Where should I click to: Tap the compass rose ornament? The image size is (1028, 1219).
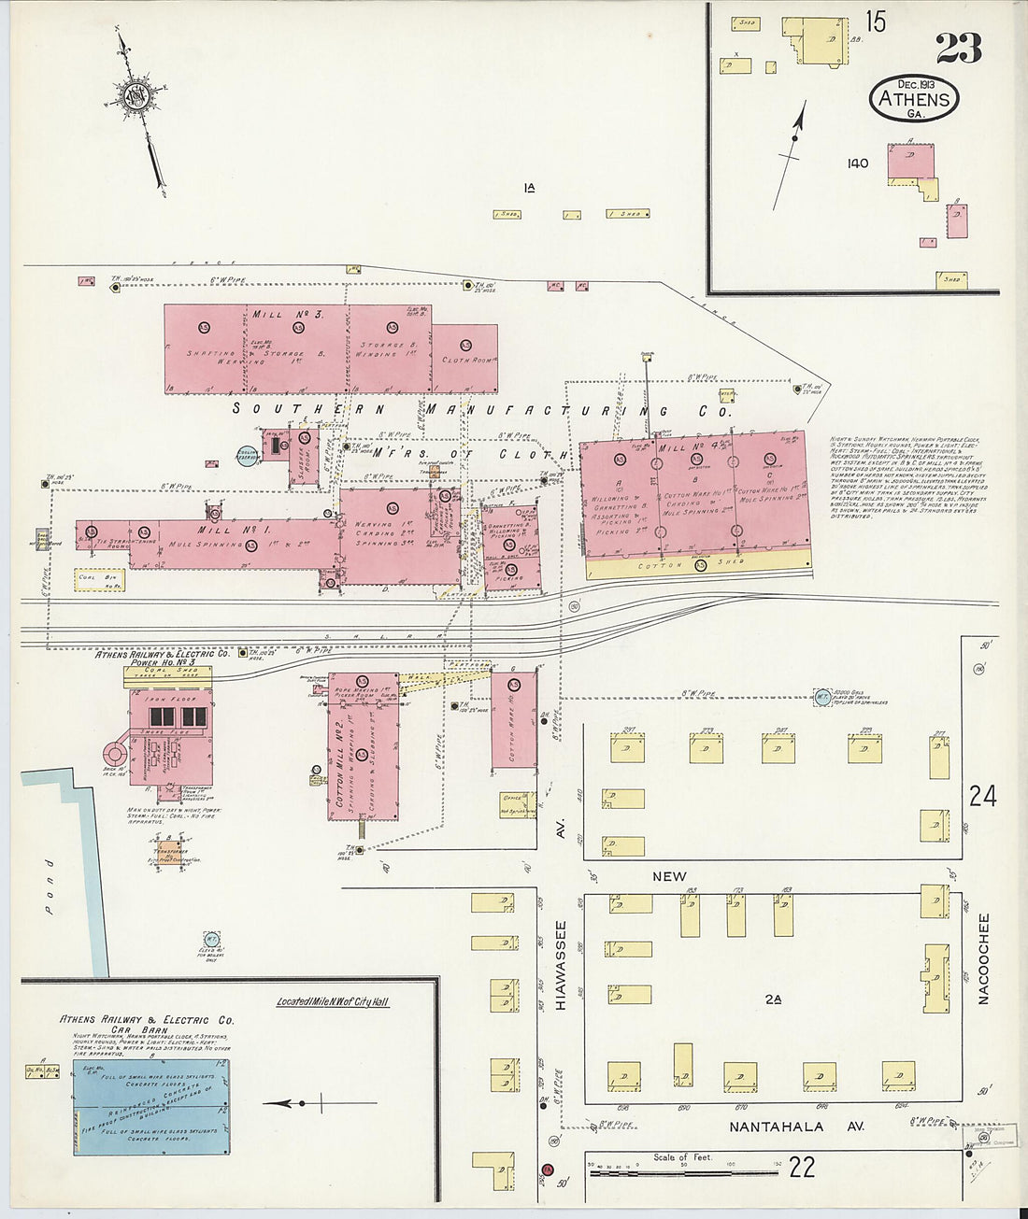tap(139, 93)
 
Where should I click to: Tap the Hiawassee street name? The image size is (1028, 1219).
tap(562, 966)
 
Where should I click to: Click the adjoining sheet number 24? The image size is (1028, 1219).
tap(982, 797)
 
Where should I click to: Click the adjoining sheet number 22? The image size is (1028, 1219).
tap(801, 1166)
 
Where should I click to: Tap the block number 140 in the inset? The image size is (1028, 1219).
tap(857, 163)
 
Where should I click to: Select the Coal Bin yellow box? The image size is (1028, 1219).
tap(101, 579)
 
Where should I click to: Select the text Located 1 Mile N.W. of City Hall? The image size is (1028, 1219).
tap(333, 1002)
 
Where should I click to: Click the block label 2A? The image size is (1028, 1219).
tap(772, 999)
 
